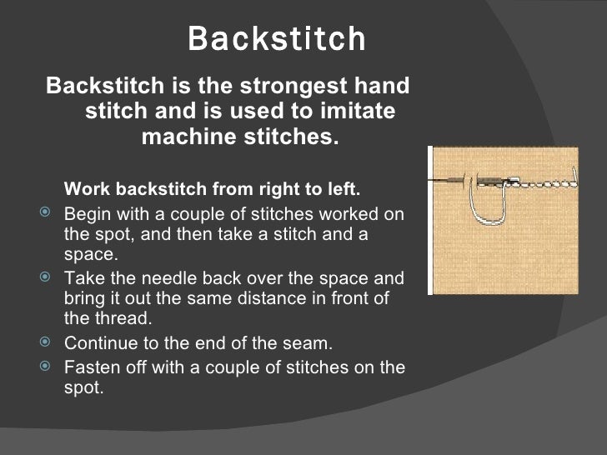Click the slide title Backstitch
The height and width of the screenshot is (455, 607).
click(276, 38)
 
